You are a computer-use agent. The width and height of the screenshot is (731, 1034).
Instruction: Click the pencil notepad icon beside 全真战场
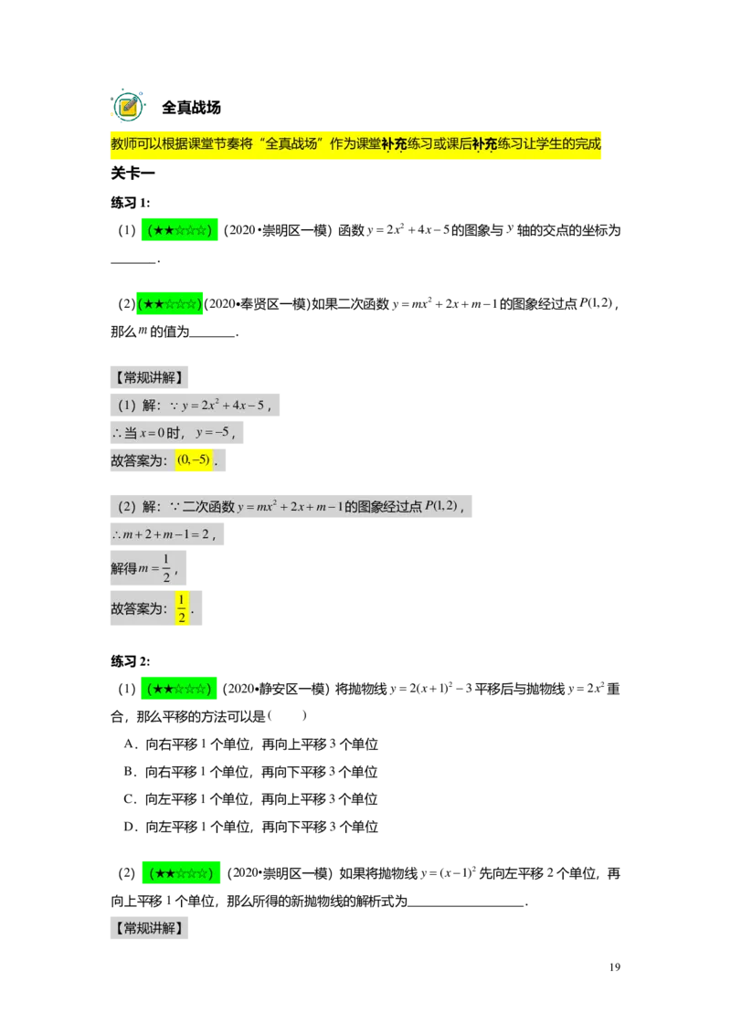128,106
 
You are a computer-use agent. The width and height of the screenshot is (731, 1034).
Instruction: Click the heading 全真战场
191,108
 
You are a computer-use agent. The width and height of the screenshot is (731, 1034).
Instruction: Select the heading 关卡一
132,174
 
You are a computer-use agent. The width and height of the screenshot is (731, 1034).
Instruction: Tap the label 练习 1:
131,203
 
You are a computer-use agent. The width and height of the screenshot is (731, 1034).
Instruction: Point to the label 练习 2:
131,661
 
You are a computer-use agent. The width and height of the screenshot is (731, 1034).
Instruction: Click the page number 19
615,966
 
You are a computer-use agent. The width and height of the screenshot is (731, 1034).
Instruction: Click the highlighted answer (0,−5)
194,459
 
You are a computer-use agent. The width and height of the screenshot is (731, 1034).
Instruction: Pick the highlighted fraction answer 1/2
182,608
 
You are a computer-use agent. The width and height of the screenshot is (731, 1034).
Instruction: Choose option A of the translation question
250,744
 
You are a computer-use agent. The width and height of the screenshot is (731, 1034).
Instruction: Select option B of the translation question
250,772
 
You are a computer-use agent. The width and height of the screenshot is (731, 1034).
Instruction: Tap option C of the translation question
250,799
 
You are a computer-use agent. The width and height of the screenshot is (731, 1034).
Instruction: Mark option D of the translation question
250,827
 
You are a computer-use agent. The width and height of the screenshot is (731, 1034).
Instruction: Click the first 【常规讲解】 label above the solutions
149,377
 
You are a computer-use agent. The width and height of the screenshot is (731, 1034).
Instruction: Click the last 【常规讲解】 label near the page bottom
149,928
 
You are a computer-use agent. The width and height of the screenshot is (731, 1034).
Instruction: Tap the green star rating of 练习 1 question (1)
179,230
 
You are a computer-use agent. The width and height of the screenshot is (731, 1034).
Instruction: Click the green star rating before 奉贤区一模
170,303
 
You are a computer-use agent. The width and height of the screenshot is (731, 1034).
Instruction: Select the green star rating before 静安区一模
179,689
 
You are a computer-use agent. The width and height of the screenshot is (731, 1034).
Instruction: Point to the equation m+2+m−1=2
165,534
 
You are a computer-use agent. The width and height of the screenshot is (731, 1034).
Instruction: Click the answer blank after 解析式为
466,902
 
